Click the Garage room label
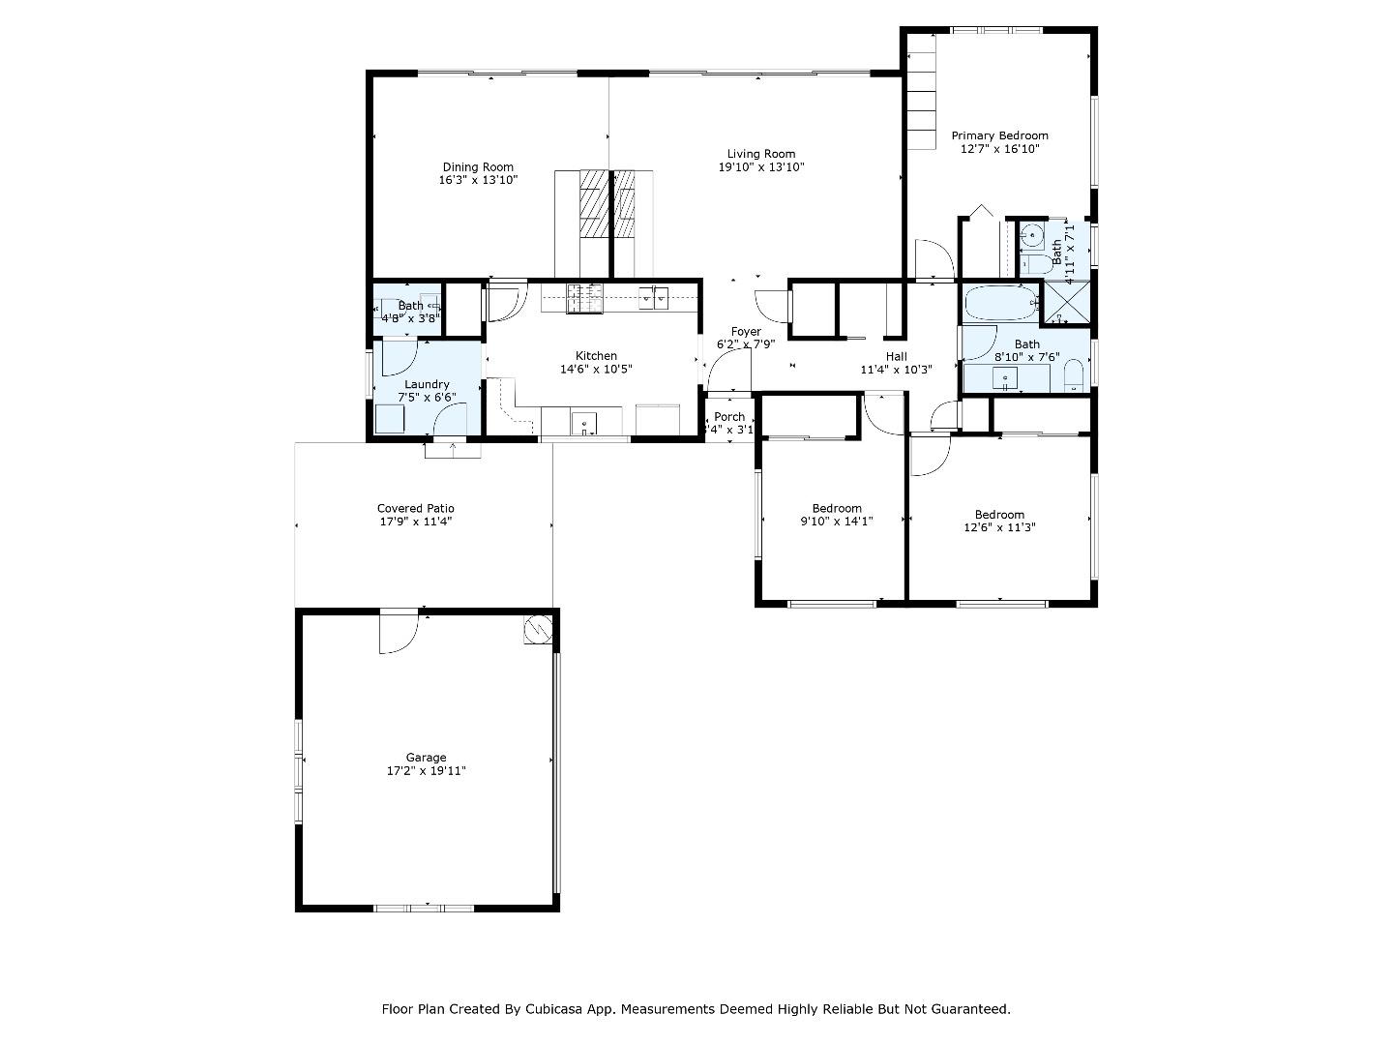426,758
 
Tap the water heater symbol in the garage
536,631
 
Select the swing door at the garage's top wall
398,632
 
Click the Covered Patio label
415,508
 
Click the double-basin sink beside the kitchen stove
653,297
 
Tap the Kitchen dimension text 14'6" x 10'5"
596,369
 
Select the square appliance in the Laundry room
390,419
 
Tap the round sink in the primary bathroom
1031,234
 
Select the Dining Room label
478,167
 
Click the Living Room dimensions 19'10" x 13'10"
761,167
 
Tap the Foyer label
746,332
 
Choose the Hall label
896,356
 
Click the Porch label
729,417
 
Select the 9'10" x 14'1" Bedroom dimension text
837,522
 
